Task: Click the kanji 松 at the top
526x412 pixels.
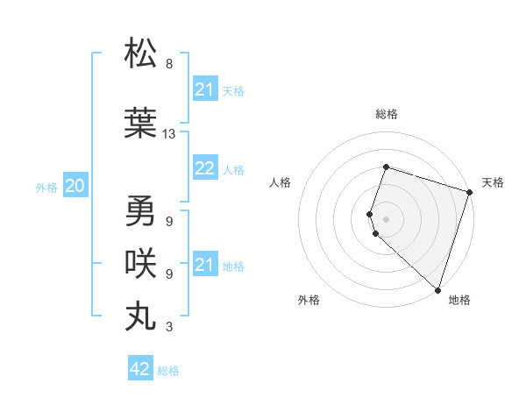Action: pyautogui.click(x=141, y=53)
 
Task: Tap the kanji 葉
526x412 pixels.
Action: pyautogui.click(x=141, y=124)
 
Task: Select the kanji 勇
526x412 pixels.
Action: pyautogui.click(x=141, y=211)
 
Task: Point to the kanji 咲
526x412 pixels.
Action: pyautogui.click(x=141, y=264)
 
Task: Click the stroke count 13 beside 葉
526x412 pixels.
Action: pyautogui.click(x=169, y=134)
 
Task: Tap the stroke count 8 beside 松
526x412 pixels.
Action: pyautogui.click(x=169, y=64)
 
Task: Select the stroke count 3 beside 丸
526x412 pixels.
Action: pyautogui.click(x=169, y=327)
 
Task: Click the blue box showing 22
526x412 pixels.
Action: pyautogui.click(x=204, y=169)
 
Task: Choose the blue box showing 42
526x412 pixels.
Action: pyautogui.click(x=140, y=369)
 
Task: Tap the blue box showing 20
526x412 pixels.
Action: pyautogui.click(x=75, y=186)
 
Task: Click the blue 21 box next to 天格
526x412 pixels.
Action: pyautogui.click(x=204, y=89)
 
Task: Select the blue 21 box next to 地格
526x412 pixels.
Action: pyautogui.click(x=204, y=265)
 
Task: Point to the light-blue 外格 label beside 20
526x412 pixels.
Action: pyautogui.click(x=46, y=187)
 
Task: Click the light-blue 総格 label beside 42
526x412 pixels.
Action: pyautogui.click(x=168, y=371)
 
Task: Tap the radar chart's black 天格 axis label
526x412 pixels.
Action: pyautogui.click(x=493, y=182)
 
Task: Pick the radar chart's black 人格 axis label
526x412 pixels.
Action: pyautogui.click(x=280, y=182)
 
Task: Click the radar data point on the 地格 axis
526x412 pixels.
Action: pyautogui.click(x=437, y=289)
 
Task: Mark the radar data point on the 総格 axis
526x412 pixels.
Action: pyautogui.click(x=386, y=167)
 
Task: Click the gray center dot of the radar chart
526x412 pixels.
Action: pyautogui.click(x=386, y=218)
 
